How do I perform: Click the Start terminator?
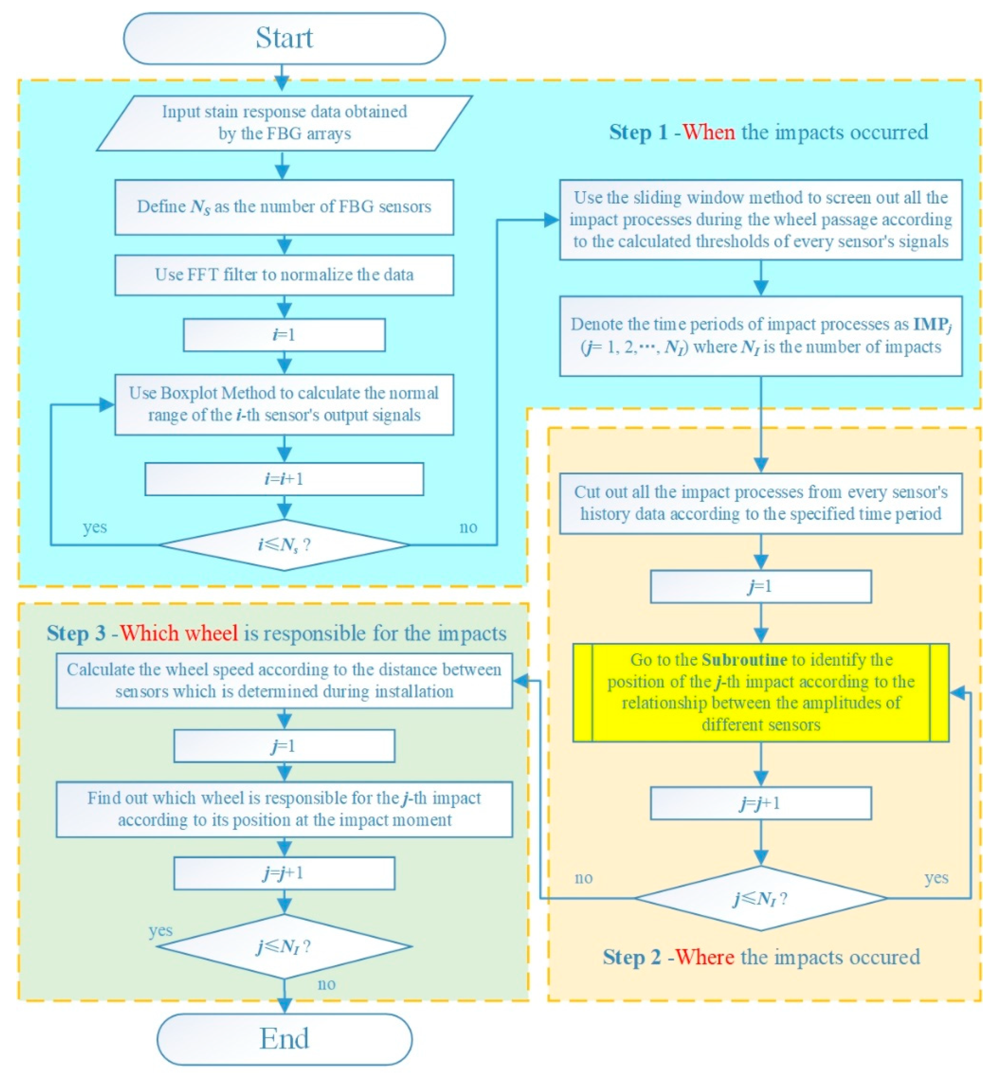tap(284, 38)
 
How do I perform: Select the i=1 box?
tap(284, 335)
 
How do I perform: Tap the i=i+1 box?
tap(284, 479)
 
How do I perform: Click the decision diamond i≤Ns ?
tap(284, 545)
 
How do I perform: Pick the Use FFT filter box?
tap(284, 275)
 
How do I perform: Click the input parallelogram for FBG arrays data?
tap(284, 123)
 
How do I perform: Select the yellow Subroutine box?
tap(760, 693)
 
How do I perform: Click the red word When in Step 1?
tap(708, 132)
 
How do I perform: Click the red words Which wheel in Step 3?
tap(179, 633)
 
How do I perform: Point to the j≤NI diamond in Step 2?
tap(760, 899)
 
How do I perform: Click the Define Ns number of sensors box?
tap(284, 207)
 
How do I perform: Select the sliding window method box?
tap(760, 220)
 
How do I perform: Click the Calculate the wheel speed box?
tap(284, 681)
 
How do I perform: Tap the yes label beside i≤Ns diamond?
tap(95, 527)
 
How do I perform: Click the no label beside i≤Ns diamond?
tap(468, 527)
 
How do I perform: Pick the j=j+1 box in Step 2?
tap(760, 803)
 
